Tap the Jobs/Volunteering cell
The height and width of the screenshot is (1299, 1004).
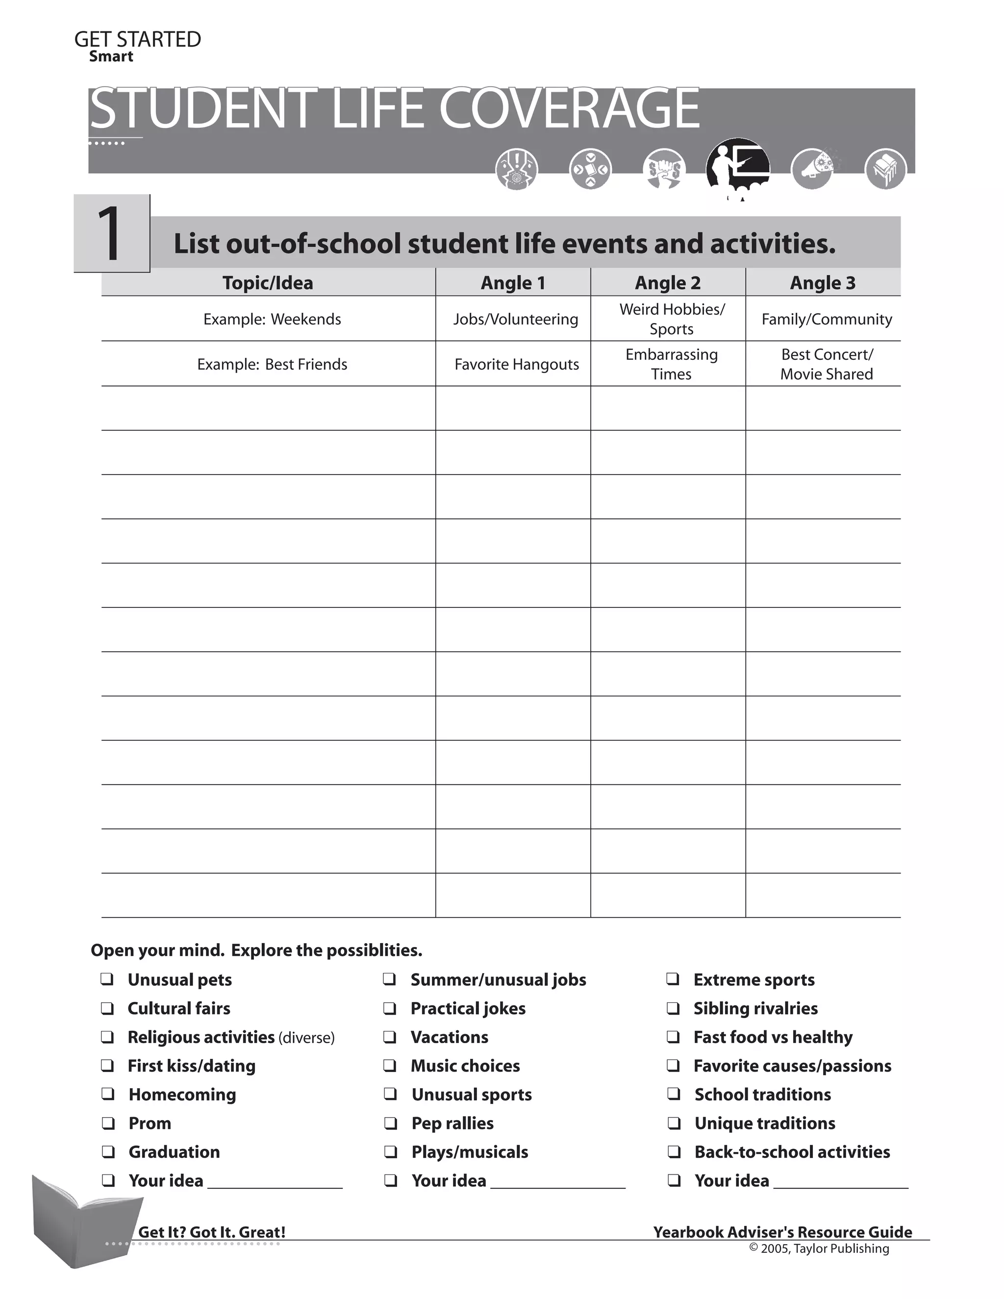click(x=515, y=320)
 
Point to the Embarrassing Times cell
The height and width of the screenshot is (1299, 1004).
click(x=671, y=364)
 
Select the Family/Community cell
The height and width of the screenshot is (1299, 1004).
click(x=826, y=320)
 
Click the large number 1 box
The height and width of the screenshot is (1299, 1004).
click(x=112, y=234)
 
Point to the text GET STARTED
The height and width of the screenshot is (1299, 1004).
click(x=137, y=39)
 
